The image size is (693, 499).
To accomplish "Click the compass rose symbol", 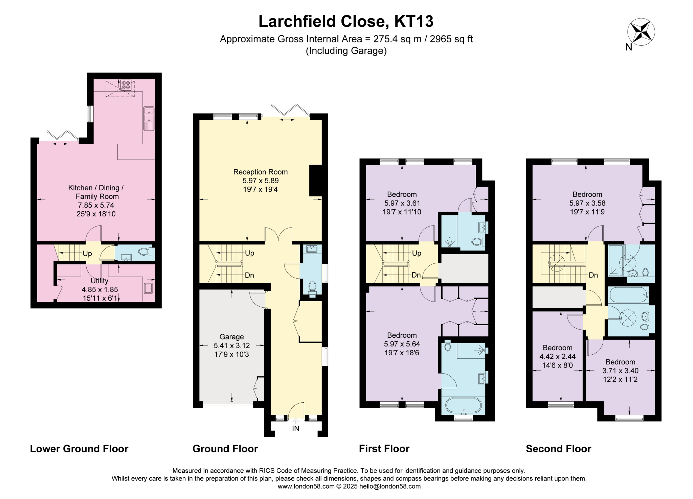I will click(641, 32).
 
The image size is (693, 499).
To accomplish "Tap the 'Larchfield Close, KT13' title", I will click(346, 21).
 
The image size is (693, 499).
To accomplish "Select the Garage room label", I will click(231, 337).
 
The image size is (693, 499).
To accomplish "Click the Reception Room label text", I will click(260, 172).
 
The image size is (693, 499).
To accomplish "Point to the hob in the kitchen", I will click(126, 84).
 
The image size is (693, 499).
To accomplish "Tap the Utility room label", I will click(99, 281).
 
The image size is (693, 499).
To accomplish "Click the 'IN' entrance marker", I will click(296, 428).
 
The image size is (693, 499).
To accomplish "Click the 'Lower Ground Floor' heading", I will click(79, 449).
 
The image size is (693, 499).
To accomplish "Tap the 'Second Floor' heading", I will click(558, 449).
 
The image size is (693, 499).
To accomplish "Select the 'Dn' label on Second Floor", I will click(593, 275).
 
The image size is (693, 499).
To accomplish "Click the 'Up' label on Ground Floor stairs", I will click(249, 253).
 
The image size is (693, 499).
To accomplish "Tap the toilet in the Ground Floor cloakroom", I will click(312, 287).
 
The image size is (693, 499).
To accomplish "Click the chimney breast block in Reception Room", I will click(315, 180).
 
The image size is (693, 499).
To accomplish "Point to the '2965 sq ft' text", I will click(451, 39).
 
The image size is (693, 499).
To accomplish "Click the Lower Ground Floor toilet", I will click(144, 252).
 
